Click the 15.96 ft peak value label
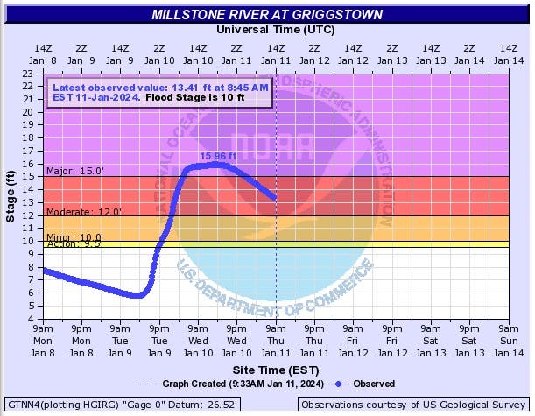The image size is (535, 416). pyautogui.click(x=218, y=157)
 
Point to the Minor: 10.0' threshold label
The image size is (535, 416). pyautogui.click(x=74, y=237)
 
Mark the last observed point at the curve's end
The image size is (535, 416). pyautogui.click(x=275, y=198)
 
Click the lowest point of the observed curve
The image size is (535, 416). pyautogui.click(x=137, y=296)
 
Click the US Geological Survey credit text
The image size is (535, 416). pyautogui.click(x=412, y=405)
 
